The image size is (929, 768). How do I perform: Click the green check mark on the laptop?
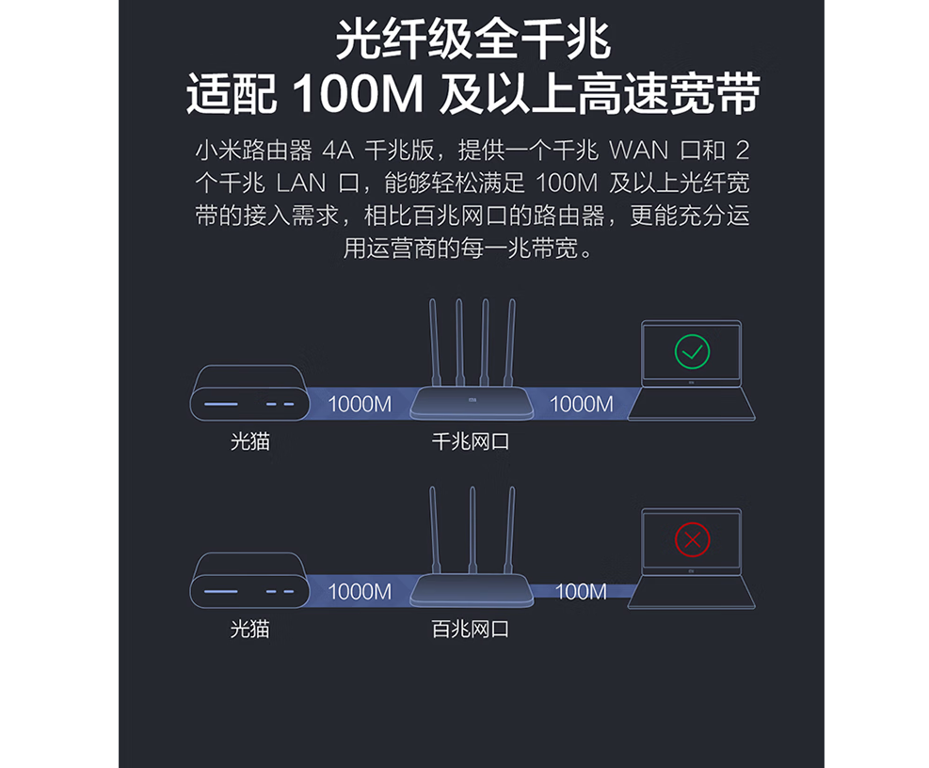coord(692,352)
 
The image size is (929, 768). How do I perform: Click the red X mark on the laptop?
coord(693,539)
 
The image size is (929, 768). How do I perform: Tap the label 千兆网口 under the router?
coord(471,440)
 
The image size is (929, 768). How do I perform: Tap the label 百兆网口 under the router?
coord(471,629)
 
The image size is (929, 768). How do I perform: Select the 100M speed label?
coord(581,592)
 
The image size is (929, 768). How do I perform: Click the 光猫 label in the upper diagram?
coord(249,440)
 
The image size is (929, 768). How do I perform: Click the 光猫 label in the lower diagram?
coord(249,629)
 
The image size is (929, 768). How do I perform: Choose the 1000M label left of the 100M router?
coord(360,592)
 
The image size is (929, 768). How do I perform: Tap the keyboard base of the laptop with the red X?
coord(692,592)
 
